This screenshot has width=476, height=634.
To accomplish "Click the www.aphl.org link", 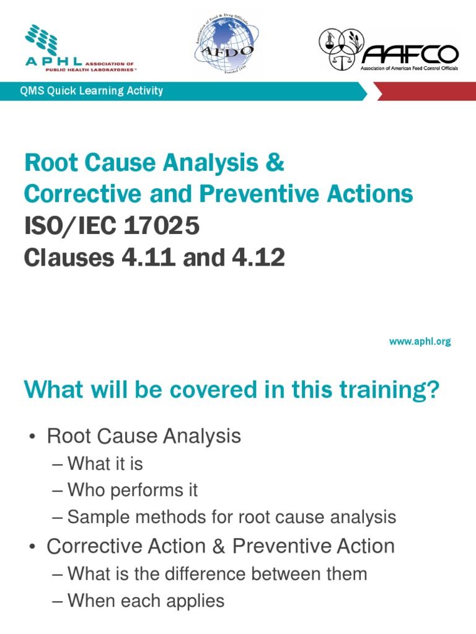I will coord(420,341).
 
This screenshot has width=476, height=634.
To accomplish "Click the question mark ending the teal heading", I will coord(433,391).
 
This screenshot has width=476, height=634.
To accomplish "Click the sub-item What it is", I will coord(105,463).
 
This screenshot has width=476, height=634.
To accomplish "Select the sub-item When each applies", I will coord(146,601).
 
